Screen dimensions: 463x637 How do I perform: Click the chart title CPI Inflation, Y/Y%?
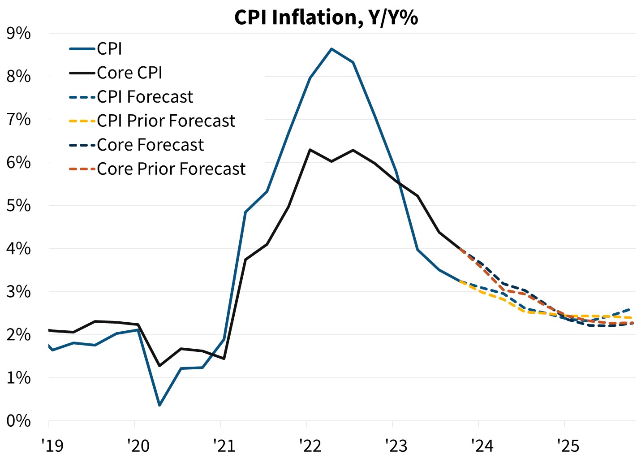pos(326,18)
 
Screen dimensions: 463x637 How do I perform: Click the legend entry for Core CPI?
pos(129,73)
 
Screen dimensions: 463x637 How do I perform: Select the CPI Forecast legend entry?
pos(145,97)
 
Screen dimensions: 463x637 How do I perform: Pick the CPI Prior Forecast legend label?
pos(166,121)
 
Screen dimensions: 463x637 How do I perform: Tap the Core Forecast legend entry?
pos(150,145)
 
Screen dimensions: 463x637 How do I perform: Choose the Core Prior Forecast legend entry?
pos(171,169)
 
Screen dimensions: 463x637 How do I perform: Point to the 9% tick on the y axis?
pos(18,33)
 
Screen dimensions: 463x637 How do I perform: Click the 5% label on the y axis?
pos(18,206)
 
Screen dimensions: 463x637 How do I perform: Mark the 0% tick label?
pos(18,421)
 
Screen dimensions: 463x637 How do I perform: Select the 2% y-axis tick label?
pos(18,335)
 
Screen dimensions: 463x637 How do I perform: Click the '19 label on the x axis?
pos(52,446)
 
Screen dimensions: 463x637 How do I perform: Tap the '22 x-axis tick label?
pos(310,446)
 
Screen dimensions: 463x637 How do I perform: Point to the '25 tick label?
pos(568,446)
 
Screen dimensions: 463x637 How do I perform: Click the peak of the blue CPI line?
pos(331,48)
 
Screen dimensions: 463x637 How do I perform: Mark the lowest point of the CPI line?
pos(159,405)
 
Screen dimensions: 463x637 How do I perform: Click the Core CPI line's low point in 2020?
pos(159,366)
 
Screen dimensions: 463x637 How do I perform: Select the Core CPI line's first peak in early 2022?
pos(310,150)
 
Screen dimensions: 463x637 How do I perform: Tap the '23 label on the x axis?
pos(396,446)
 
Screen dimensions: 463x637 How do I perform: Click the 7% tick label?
pos(18,120)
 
